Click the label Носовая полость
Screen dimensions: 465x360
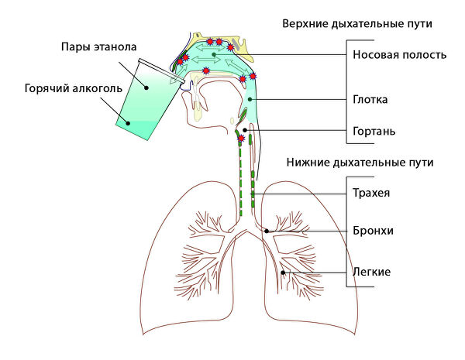tap(399, 55)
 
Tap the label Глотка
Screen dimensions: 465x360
tap(370, 100)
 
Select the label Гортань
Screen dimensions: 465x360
tap(374, 131)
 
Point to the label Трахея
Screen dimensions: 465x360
tap(371, 193)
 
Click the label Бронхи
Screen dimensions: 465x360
tap(373, 231)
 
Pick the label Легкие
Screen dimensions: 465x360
tap(371, 272)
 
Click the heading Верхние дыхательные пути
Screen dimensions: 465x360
tap(357, 24)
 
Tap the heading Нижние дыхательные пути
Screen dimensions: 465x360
tap(360, 163)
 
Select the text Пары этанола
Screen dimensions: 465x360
tap(98, 47)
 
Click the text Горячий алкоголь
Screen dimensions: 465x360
tap(74, 88)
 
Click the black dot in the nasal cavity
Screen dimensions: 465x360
tap(214, 55)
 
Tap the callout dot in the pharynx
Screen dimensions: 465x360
tap(250, 99)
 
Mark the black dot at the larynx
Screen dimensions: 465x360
tap(245, 130)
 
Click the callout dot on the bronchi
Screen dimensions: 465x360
tap(267, 231)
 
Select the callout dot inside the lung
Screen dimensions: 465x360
tap(283, 273)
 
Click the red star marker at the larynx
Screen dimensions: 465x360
tap(241, 138)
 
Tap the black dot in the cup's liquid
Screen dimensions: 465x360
tap(128, 123)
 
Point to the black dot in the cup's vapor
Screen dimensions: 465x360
tap(146, 87)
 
